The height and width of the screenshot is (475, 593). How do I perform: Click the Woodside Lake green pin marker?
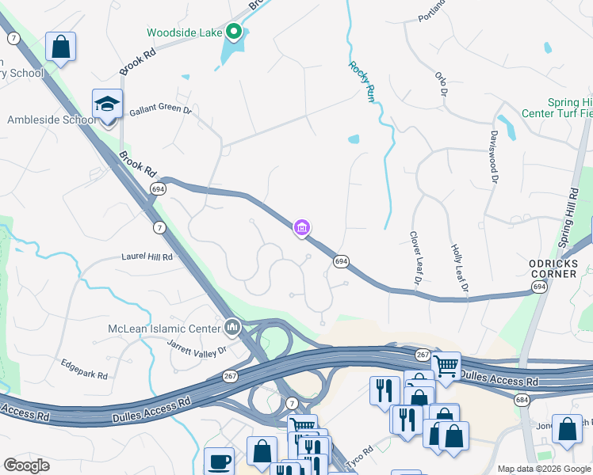click(234, 32)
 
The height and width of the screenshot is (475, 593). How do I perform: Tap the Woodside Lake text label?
click(185, 32)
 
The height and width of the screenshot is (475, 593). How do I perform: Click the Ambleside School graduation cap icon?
click(107, 104)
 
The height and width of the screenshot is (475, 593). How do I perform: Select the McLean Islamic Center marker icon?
click(232, 326)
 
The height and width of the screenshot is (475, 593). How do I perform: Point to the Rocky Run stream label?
click(361, 82)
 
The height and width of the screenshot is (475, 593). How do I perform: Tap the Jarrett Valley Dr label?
click(197, 347)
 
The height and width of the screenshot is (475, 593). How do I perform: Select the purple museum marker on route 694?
click(301, 229)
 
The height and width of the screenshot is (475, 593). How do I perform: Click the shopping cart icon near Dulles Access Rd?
click(446, 366)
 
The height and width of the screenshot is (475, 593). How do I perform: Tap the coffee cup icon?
click(219, 462)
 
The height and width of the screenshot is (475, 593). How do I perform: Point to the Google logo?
click(26, 465)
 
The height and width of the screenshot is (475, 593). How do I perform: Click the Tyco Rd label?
click(361, 450)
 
